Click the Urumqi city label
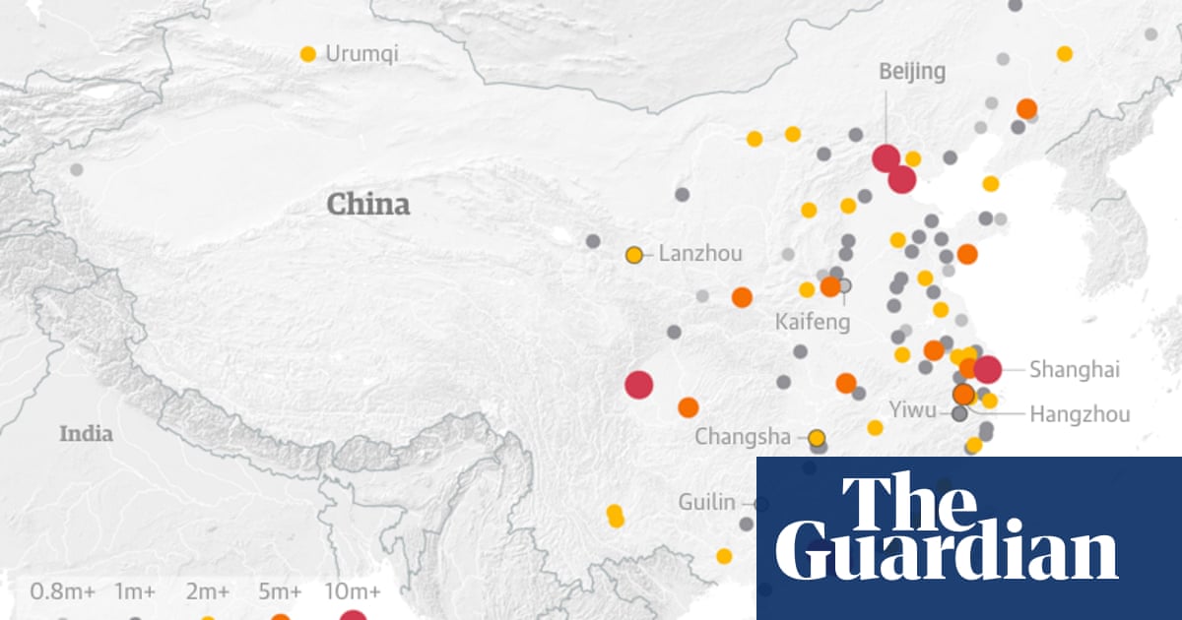(x=361, y=54)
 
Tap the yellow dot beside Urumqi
(x=308, y=54)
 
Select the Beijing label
(x=912, y=71)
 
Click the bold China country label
(x=368, y=205)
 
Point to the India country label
(x=86, y=434)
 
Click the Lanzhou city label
(x=700, y=254)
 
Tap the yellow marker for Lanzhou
(x=634, y=255)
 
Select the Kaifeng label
(x=812, y=322)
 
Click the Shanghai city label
(x=1075, y=370)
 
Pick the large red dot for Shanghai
(x=987, y=369)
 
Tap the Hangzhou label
(x=1080, y=414)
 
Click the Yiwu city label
(x=912, y=409)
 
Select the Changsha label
(x=743, y=436)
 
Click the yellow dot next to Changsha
(x=817, y=437)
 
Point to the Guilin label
(x=706, y=502)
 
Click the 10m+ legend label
(x=353, y=591)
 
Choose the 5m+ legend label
(x=280, y=591)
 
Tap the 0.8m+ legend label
(x=61, y=591)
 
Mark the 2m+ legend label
(x=208, y=591)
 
